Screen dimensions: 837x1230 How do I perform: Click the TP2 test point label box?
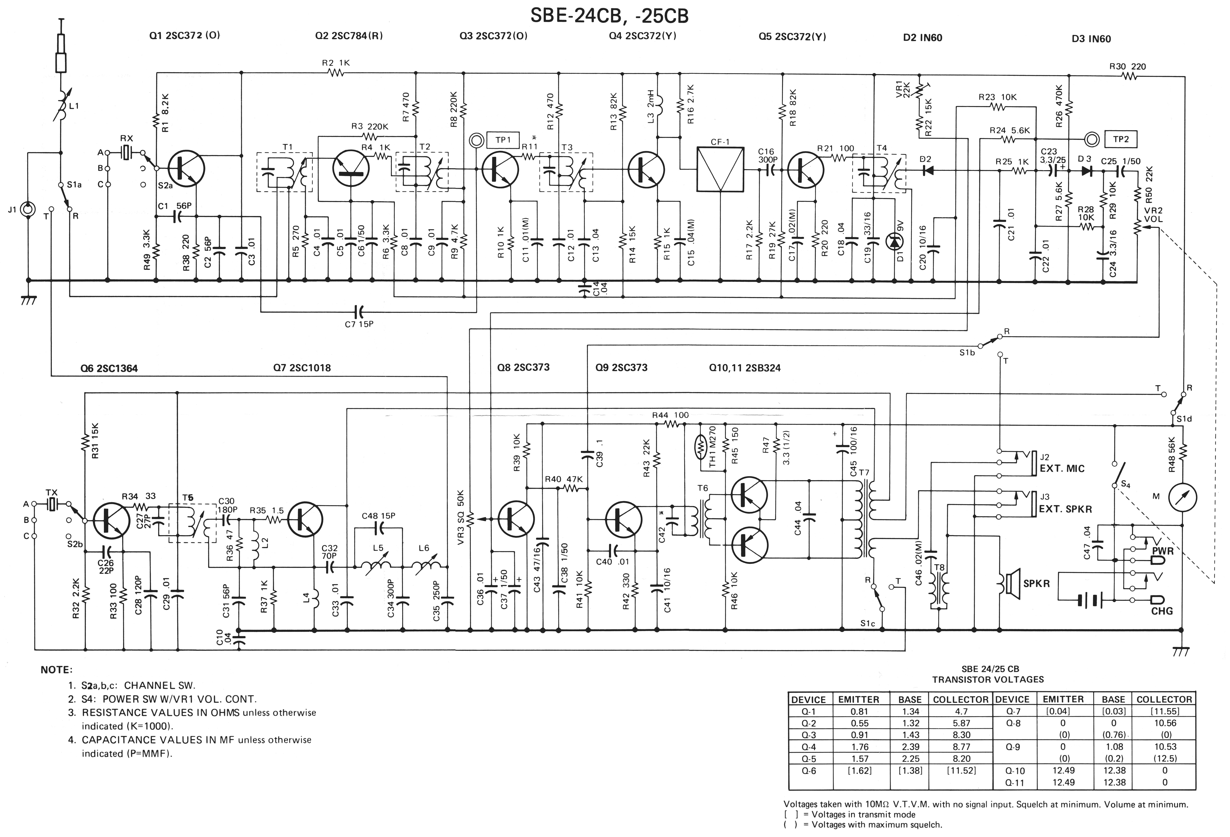click(1120, 139)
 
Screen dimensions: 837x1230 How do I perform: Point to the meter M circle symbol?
click(1182, 497)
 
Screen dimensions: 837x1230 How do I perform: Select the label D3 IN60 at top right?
click(1091, 39)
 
